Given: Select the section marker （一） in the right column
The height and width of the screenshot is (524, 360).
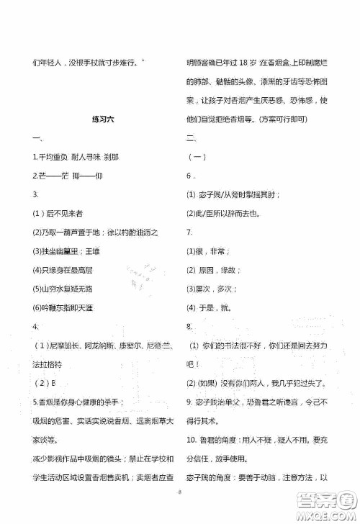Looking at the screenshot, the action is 196,157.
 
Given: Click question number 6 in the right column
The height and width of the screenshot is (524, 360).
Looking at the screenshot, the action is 189,176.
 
